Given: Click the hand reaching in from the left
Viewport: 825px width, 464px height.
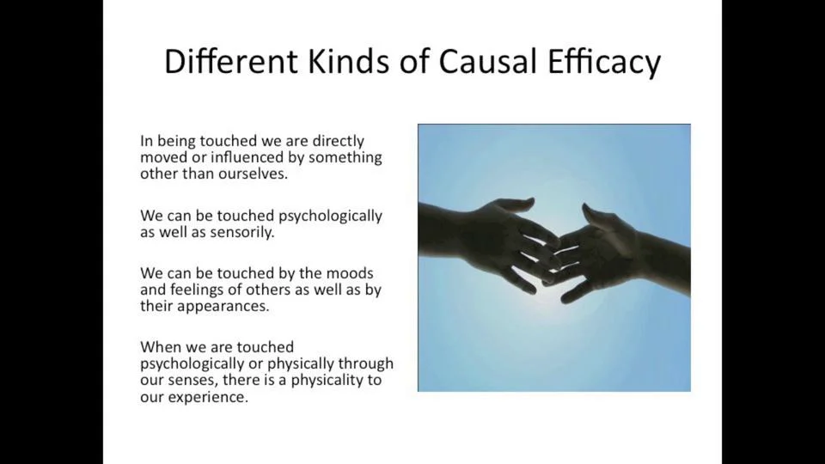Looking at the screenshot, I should pos(481,236).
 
